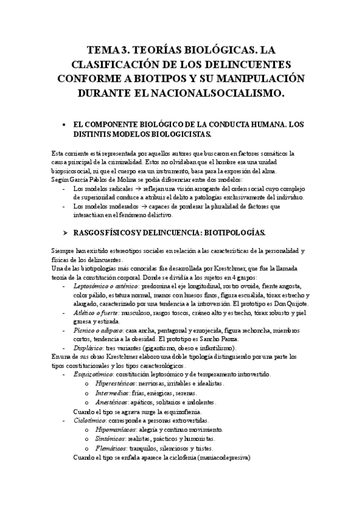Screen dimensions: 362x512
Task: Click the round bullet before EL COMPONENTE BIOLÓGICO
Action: tap(65, 124)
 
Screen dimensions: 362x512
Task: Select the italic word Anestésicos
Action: tap(111, 402)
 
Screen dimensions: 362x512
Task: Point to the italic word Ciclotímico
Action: tap(88, 420)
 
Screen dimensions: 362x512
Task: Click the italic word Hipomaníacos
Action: tap(115, 429)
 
